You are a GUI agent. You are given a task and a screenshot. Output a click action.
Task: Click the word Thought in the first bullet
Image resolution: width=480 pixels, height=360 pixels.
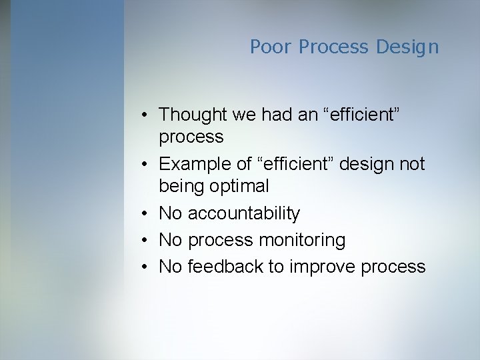[x=193, y=114]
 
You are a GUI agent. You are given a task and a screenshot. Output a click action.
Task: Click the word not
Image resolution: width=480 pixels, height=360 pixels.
[x=412, y=164]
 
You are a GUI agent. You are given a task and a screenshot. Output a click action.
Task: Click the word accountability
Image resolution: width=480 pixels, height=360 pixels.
[x=244, y=213]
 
